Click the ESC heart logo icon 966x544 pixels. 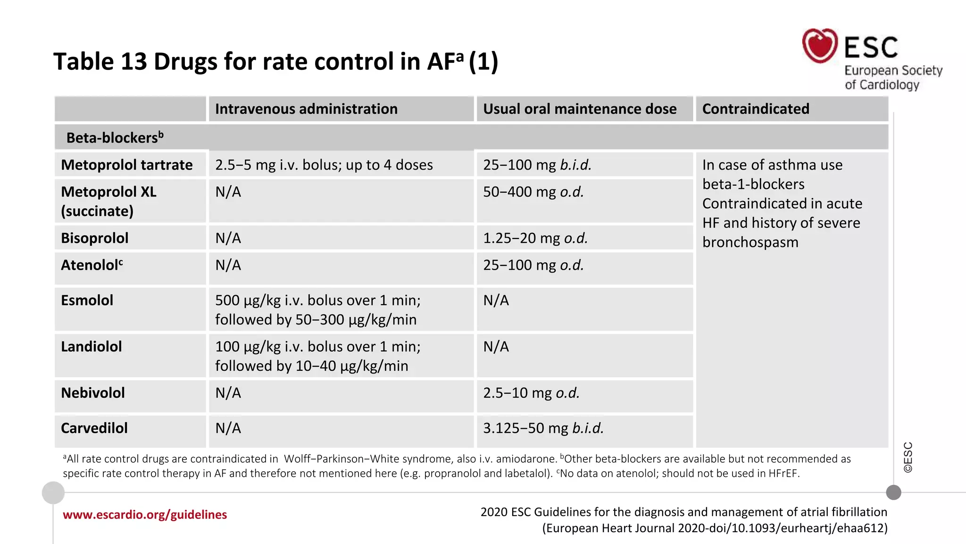coord(820,46)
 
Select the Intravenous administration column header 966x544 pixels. coord(306,109)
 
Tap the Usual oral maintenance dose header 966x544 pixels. coord(579,109)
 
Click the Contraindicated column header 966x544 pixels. coord(755,109)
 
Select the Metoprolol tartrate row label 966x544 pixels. coord(126,165)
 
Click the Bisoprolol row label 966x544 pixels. coord(94,238)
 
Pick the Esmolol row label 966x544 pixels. coord(87,300)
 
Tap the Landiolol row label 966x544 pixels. coord(91,347)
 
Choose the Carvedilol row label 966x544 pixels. coord(94,428)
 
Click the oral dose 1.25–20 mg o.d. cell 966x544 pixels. coord(535,238)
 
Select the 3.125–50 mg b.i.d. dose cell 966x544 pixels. coord(543,428)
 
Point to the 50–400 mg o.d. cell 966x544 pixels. coord(533,192)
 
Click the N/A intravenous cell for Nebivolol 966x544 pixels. coord(228,393)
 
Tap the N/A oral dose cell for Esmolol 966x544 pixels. coord(496,300)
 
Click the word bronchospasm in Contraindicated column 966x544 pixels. coord(750,242)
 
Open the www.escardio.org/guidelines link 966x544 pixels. coord(145,515)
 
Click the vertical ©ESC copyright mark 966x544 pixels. coord(908,457)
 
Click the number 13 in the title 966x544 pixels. coord(133,61)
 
